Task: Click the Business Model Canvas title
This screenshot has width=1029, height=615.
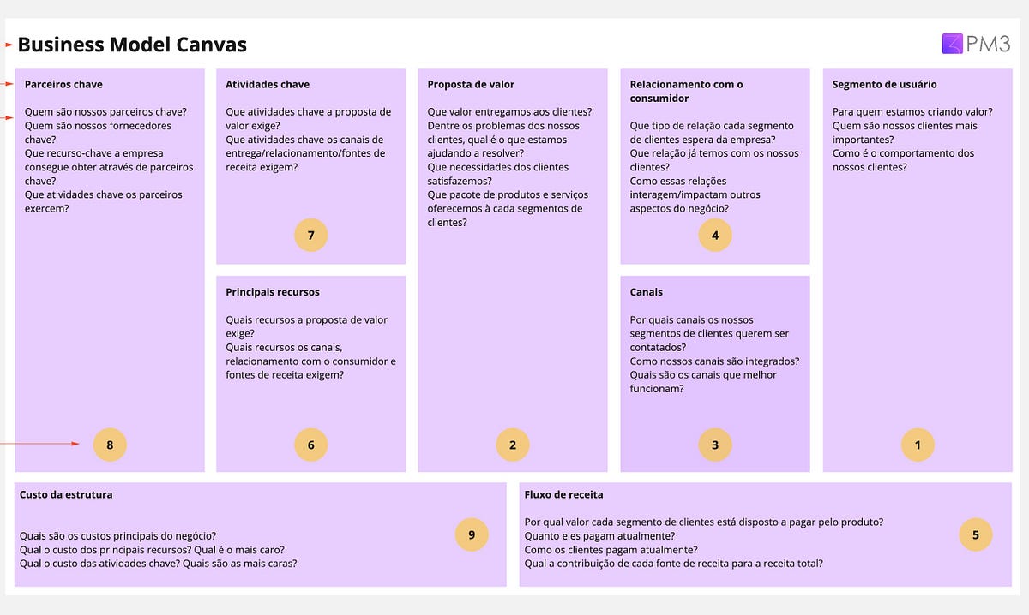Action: click(132, 45)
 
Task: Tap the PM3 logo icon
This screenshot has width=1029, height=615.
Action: click(953, 44)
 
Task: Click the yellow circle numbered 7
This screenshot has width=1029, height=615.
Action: click(311, 235)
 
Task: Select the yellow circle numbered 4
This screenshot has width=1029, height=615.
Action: click(715, 235)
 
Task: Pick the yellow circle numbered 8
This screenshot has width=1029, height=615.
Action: click(110, 445)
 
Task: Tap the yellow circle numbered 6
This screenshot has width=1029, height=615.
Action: click(311, 445)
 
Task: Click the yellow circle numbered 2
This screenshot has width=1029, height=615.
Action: click(513, 445)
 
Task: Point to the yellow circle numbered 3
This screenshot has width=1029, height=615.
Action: click(715, 445)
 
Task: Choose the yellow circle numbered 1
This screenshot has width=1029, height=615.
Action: click(918, 445)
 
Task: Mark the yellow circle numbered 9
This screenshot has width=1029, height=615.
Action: click(472, 534)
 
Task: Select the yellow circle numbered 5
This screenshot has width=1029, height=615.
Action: click(976, 534)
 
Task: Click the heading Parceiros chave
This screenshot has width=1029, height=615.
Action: click(63, 85)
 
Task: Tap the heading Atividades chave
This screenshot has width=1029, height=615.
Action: click(268, 85)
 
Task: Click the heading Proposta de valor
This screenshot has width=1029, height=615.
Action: click(471, 85)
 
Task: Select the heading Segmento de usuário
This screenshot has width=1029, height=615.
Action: click(884, 85)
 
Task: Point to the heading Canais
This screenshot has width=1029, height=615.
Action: click(646, 292)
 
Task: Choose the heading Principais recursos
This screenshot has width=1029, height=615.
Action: click(273, 292)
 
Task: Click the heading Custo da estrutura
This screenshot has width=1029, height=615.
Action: click(66, 494)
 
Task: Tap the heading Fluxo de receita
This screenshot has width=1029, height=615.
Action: click(563, 494)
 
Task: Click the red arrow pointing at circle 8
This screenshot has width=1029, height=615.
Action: click(39, 444)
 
